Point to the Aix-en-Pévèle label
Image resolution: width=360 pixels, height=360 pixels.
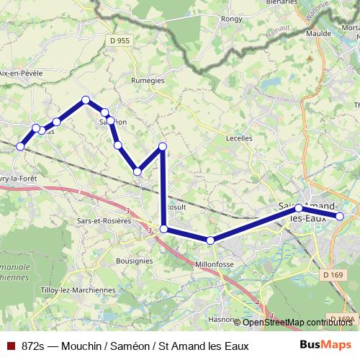coord(22,73)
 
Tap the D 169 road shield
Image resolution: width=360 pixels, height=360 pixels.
coord(333,274)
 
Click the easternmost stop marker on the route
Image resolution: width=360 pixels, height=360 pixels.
coord(341,215)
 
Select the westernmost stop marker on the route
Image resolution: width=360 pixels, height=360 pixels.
coord(20,146)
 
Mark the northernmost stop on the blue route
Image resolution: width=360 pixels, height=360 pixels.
coord(86,100)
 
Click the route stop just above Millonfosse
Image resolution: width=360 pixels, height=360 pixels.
coord(210,240)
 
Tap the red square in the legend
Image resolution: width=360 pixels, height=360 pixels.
coord(10,346)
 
